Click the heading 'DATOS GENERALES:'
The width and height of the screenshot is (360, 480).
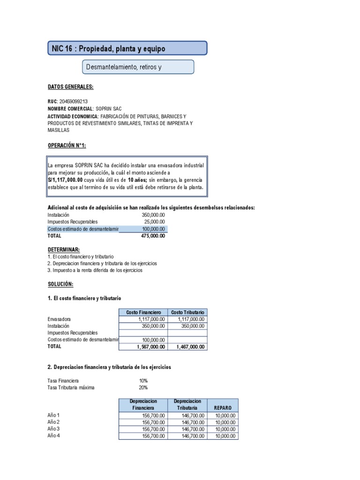coord(70,87)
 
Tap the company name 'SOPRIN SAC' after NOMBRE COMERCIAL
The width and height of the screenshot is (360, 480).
coord(109,109)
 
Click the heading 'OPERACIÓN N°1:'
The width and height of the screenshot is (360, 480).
coord(67,146)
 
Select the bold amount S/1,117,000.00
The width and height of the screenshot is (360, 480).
coord(65,180)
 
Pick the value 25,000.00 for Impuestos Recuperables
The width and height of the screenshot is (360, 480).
coord(155,222)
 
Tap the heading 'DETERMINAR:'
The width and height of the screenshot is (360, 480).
coord(64,249)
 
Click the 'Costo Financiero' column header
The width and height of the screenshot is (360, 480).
coord(143,312)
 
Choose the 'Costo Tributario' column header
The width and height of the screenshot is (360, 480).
coord(187,312)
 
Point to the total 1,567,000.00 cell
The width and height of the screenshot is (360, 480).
coord(150,347)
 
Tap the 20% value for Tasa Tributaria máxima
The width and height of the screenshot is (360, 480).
coord(143,388)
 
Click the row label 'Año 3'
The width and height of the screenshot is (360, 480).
coord(54,429)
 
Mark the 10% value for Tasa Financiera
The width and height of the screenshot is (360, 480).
coord(143,381)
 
